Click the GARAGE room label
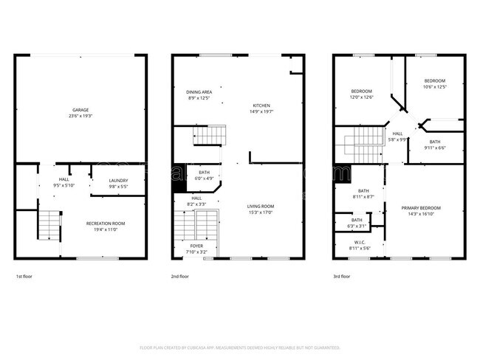80,109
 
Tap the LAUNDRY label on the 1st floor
118,180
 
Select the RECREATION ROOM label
105,223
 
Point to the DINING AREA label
199,91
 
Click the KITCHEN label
262,105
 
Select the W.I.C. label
360,242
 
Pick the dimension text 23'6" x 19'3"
80,116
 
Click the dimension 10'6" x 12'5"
434,87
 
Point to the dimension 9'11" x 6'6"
434,148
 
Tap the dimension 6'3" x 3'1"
357,226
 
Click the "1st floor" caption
24,277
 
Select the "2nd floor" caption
179,277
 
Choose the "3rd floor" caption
341,277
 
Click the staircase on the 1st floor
47,224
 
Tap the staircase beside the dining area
208,136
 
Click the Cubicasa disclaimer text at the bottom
239,347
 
